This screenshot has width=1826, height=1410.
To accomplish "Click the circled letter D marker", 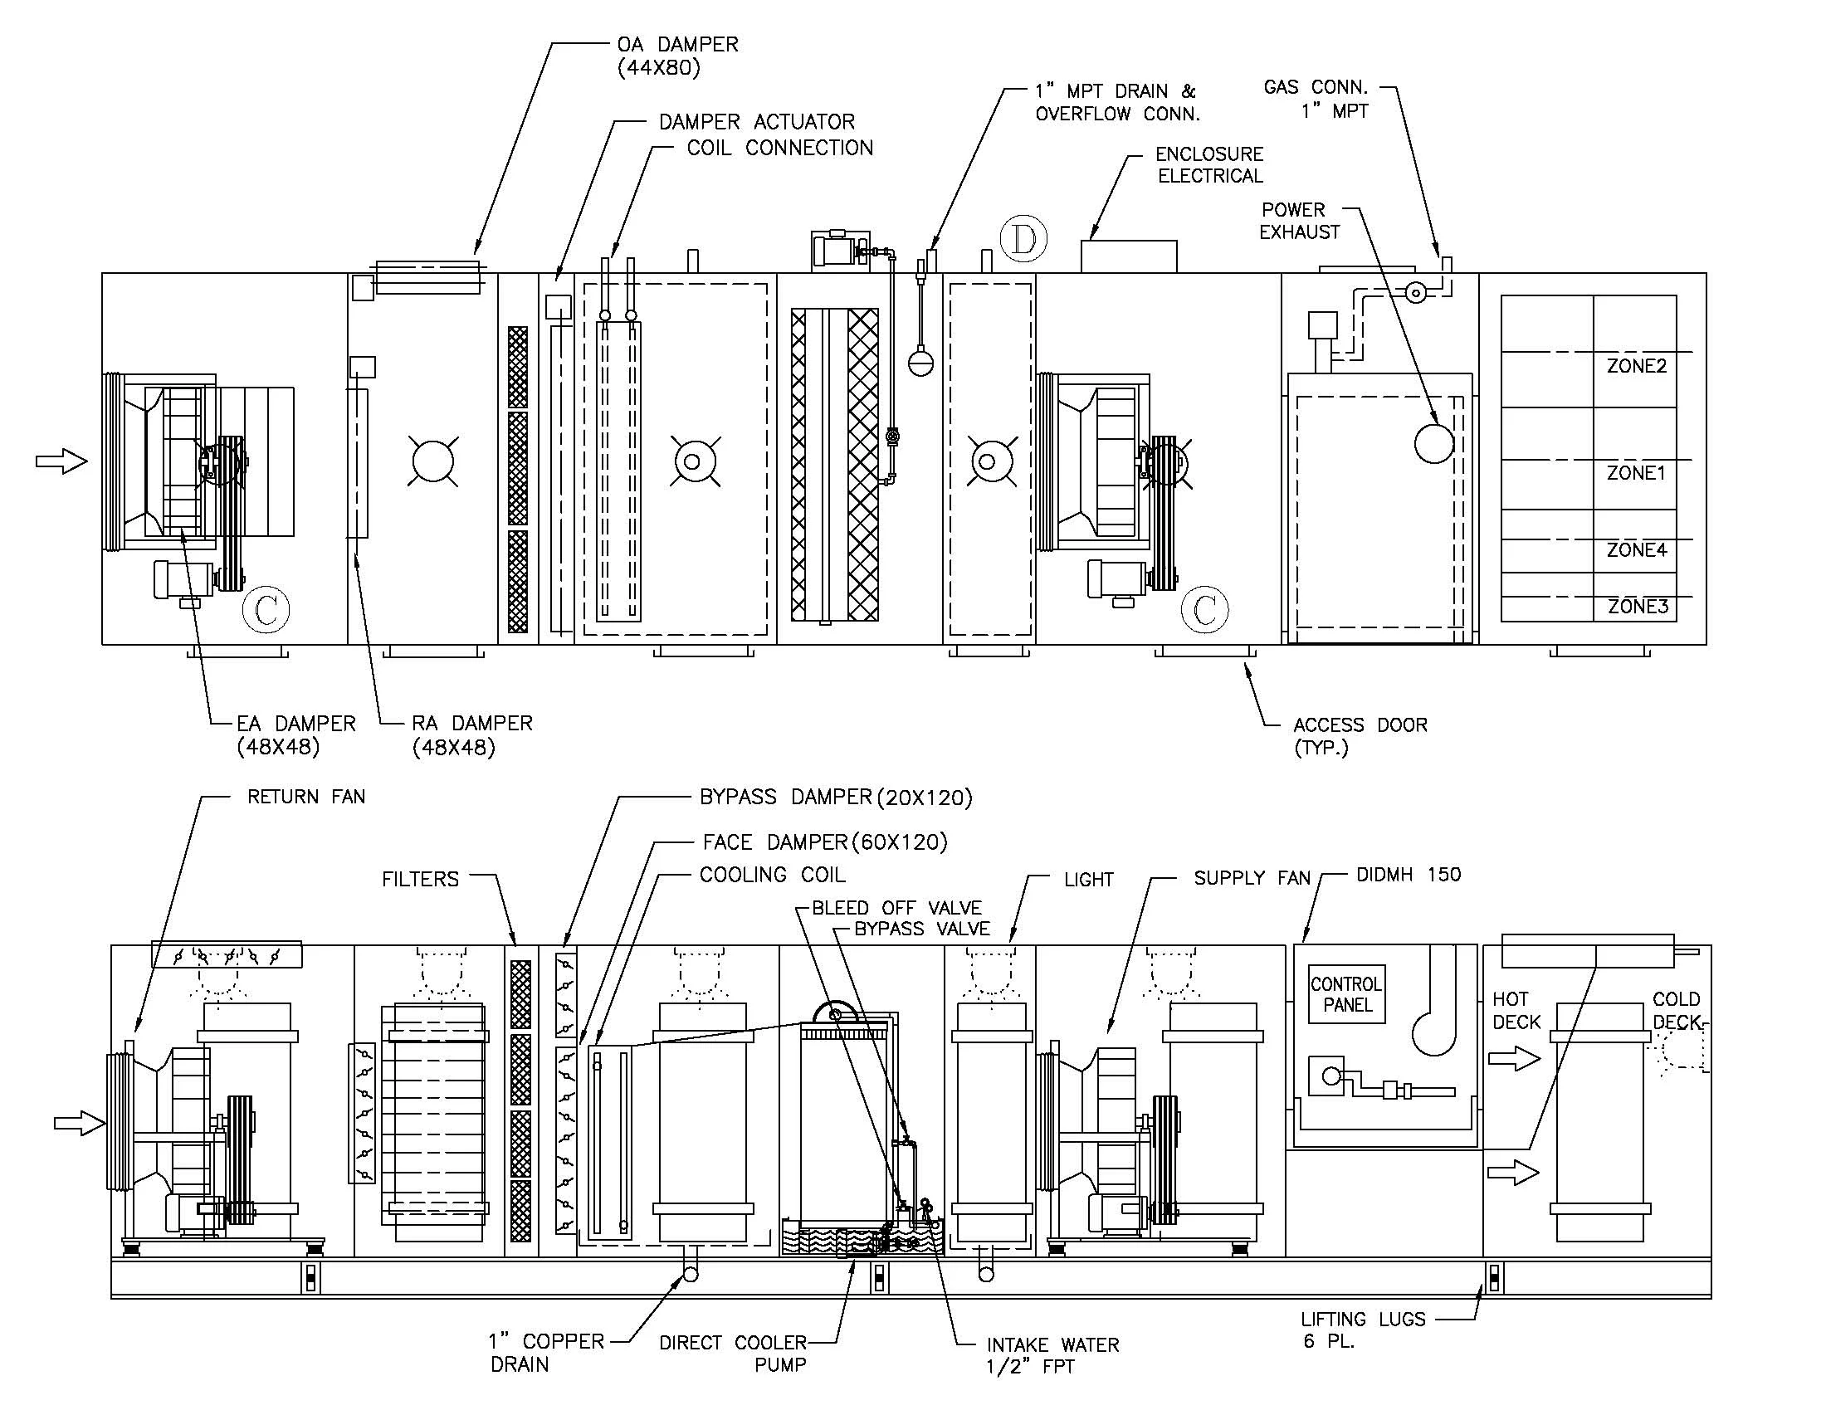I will [x=1023, y=239].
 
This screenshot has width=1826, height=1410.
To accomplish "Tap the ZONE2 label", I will [x=1636, y=365].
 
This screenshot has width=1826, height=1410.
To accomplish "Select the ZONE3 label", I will [x=1638, y=606].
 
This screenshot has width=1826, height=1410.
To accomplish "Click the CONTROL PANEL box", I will [x=1346, y=993].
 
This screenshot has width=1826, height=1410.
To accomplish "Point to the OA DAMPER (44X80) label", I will [x=677, y=56].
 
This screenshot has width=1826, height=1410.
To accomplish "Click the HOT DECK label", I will [x=1516, y=1011].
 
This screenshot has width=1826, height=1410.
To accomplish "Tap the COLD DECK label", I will [x=1676, y=1011].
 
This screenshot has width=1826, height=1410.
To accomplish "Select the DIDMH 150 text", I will [x=1408, y=874].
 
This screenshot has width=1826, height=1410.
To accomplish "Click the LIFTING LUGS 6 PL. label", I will [x=1362, y=1329].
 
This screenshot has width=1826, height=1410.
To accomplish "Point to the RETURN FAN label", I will [x=306, y=797].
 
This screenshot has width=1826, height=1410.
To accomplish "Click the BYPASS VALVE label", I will [x=921, y=929].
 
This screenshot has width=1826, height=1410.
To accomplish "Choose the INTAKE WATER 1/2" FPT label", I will [x=1052, y=1356].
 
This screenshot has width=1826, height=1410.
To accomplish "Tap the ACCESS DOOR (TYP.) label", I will [x=1360, y=735].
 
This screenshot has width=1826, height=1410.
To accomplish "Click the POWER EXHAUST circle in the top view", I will [x=1434, y=443].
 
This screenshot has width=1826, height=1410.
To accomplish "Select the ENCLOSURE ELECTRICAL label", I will [x=1209, y=164].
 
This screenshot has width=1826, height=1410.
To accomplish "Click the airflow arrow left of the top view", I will [x=61, y=461].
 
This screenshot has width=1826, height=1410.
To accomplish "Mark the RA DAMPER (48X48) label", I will [x=471, y=734].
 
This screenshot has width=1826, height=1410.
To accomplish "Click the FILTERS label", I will [x=420, y=878].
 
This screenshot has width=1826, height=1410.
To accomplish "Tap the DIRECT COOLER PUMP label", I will [x=732, y=1354].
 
